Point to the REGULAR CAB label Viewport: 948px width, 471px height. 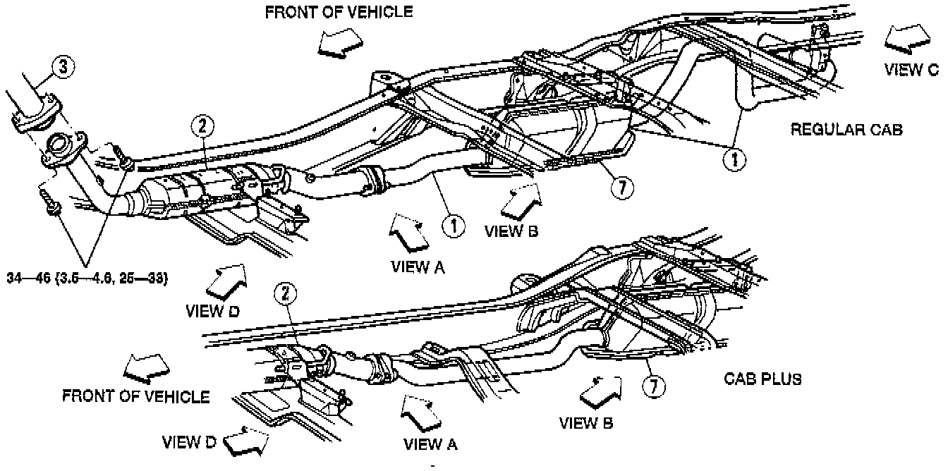point(846,129)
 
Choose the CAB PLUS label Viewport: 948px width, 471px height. point(763,379)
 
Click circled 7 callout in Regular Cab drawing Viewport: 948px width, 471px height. point(623,187)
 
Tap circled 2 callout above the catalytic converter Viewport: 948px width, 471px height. point(202,127)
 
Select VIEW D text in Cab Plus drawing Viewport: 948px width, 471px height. point(189,443)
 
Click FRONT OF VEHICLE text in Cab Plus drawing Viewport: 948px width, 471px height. point(135,396)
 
